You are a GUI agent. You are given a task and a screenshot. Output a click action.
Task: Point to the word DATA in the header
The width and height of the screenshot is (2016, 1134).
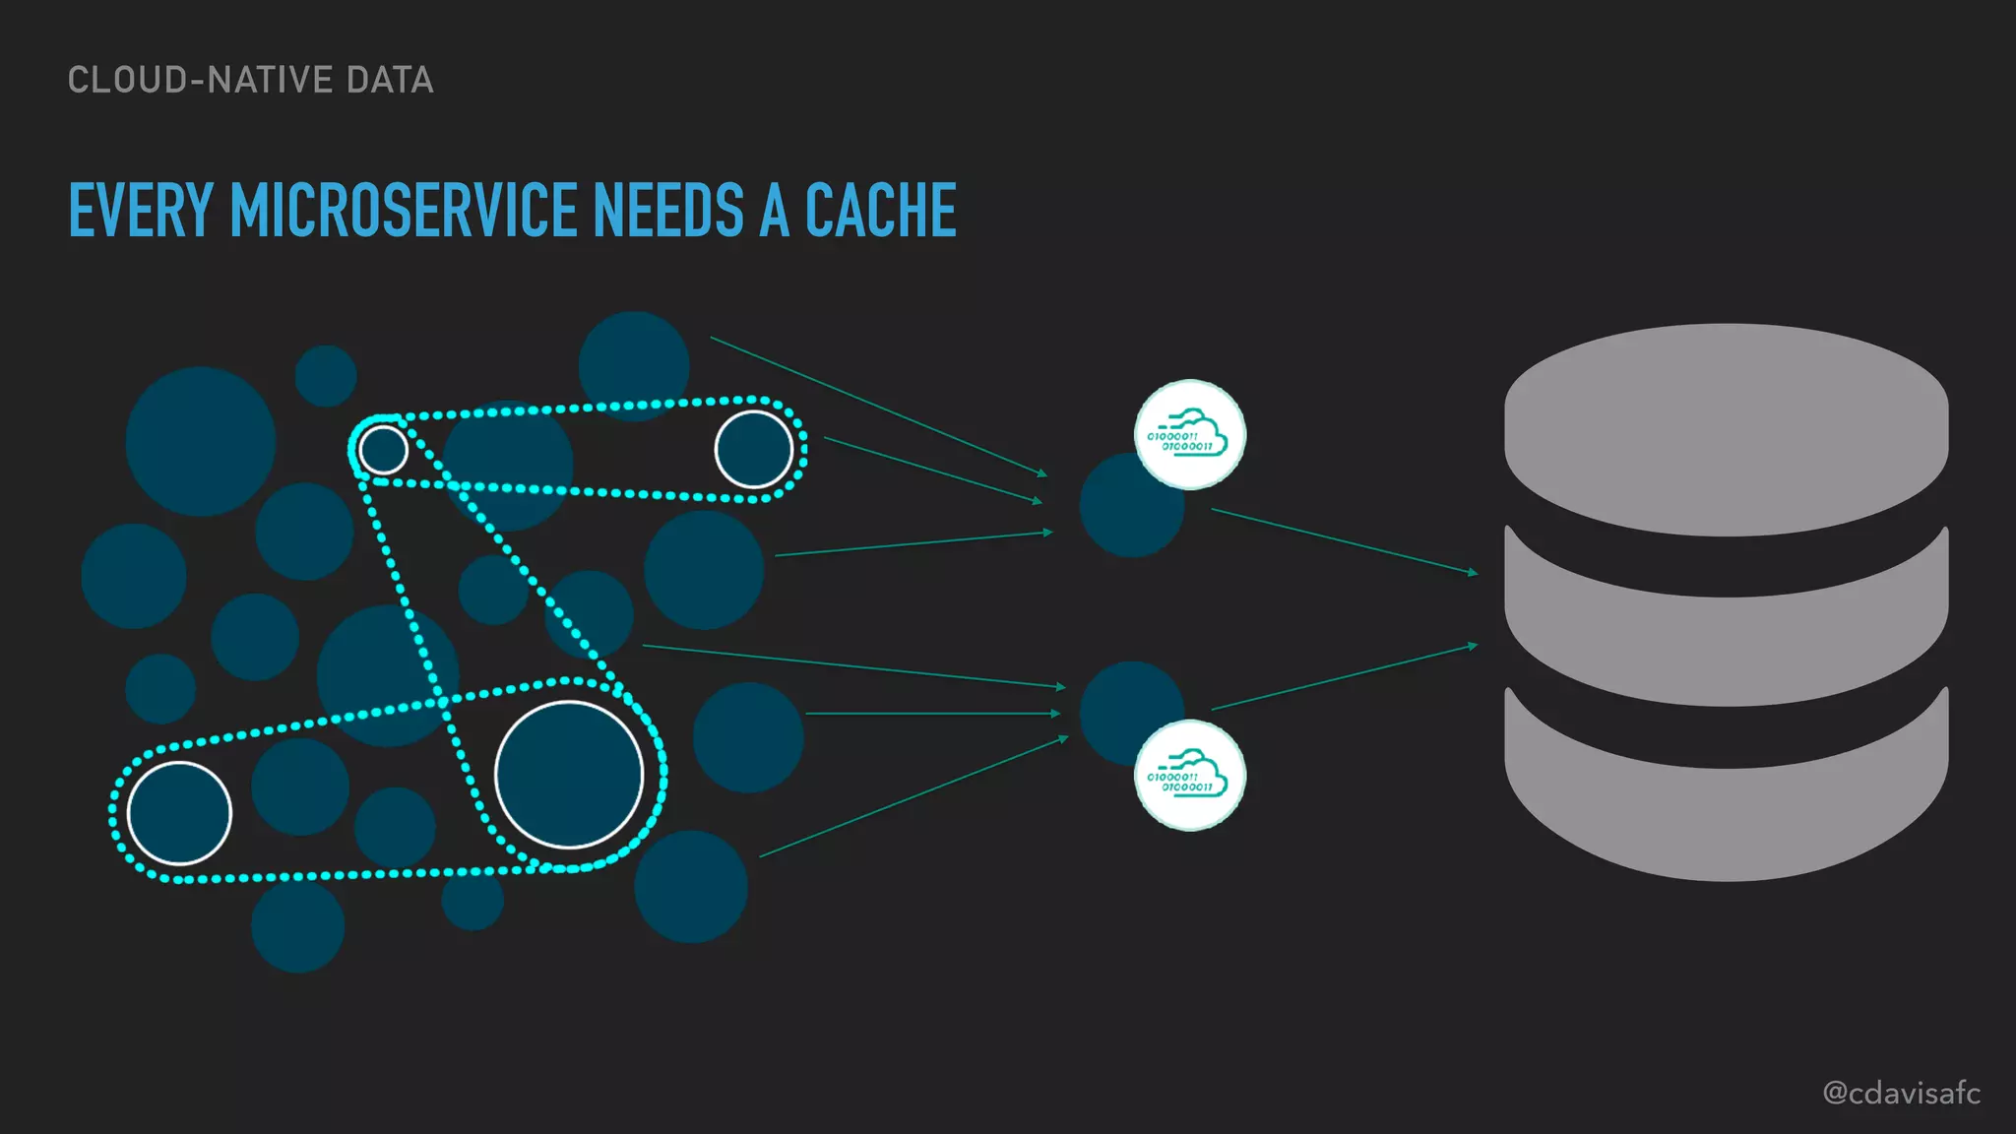[390, 81]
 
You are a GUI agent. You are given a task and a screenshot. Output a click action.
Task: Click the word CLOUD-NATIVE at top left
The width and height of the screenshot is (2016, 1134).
[201, 81]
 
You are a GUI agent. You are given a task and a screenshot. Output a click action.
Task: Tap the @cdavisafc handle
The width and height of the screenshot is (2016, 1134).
[1901, 1093]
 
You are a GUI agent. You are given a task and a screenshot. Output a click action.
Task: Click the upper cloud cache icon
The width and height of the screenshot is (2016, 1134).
[1189, 434]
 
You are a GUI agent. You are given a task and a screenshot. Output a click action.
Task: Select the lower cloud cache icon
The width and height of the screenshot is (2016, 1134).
[1189, 775]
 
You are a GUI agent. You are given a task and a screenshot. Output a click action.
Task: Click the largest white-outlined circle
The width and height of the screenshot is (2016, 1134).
[569, 774]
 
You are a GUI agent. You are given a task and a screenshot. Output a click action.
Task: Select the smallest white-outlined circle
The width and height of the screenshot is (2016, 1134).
[383, 450]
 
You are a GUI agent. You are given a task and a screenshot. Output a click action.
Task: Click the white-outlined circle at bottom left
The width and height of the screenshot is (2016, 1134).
[179, 813]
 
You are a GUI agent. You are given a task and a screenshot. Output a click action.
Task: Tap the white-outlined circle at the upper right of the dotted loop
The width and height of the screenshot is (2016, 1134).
[753, 450]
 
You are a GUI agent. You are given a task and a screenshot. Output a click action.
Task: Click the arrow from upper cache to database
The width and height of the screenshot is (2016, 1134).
[1344, 540]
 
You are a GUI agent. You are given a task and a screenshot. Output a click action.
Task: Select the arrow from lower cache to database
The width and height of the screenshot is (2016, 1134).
[1344, 676]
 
